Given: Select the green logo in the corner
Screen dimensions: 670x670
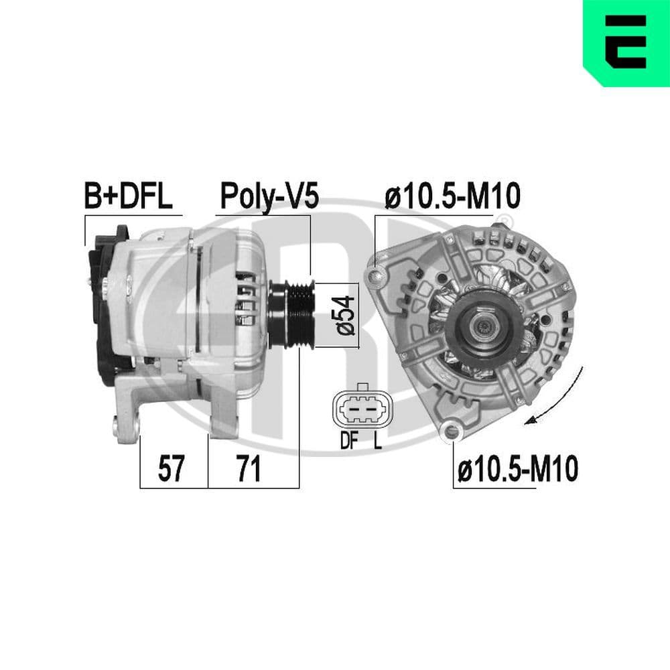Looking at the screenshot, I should pyautogui.click(x=626, y=42).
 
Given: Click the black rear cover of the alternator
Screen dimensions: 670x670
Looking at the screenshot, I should pyautogui.click(x=107, y=301).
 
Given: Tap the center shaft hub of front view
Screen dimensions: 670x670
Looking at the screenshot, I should pyautogui.click(x=482, y=326).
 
